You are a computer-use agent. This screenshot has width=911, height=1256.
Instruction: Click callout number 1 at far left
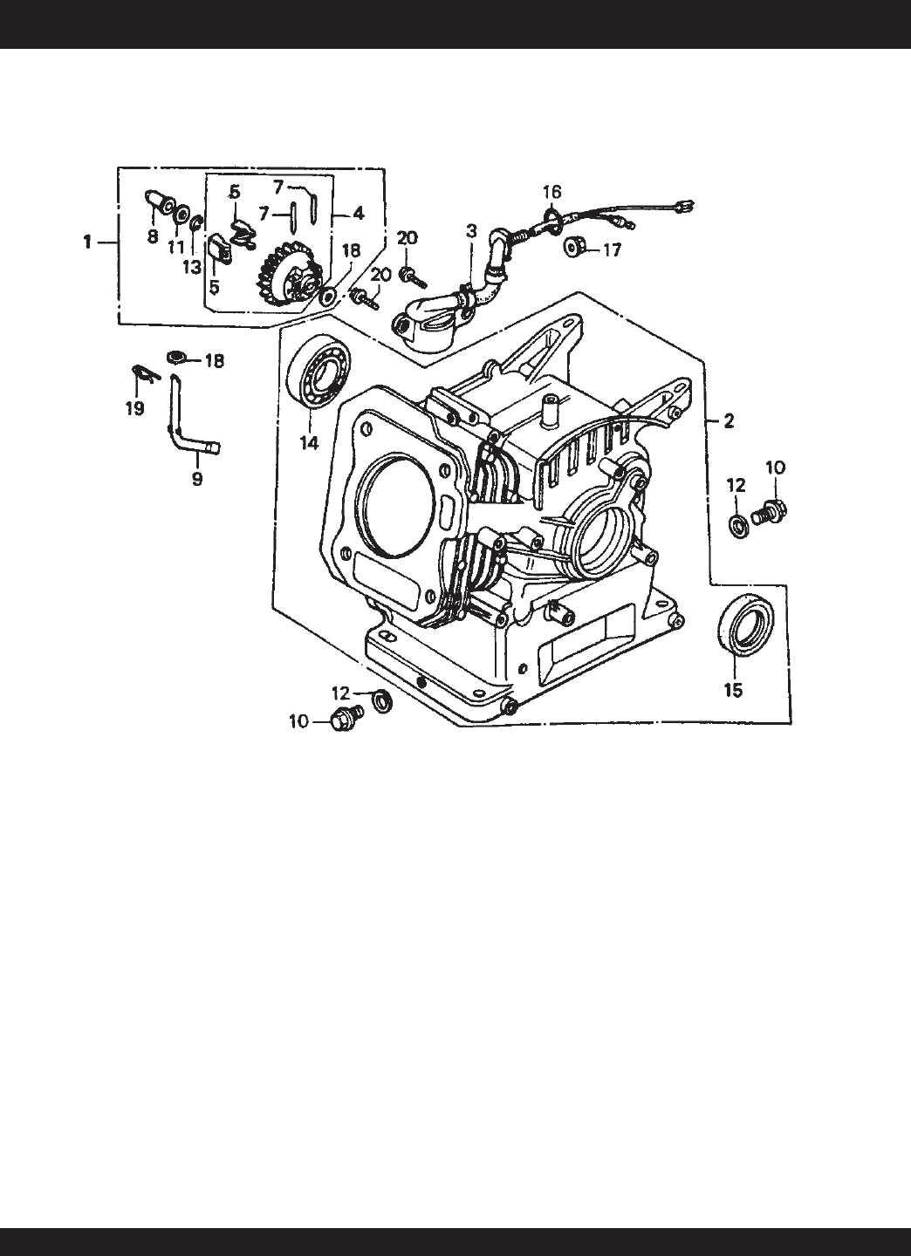87,242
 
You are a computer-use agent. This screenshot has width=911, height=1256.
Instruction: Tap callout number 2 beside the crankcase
728,421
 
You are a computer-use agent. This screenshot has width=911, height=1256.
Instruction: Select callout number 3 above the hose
472,230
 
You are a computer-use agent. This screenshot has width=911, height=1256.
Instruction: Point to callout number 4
358,213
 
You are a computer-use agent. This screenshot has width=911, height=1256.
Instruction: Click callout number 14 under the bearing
309,443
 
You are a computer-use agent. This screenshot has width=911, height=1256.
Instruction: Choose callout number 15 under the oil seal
733,690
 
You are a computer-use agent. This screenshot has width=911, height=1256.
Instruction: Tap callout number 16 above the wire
552,192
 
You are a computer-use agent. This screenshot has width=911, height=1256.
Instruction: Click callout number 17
612,250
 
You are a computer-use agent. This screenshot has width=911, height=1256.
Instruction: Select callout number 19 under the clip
134,408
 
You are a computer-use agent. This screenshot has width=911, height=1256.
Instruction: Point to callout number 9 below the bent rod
197,479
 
